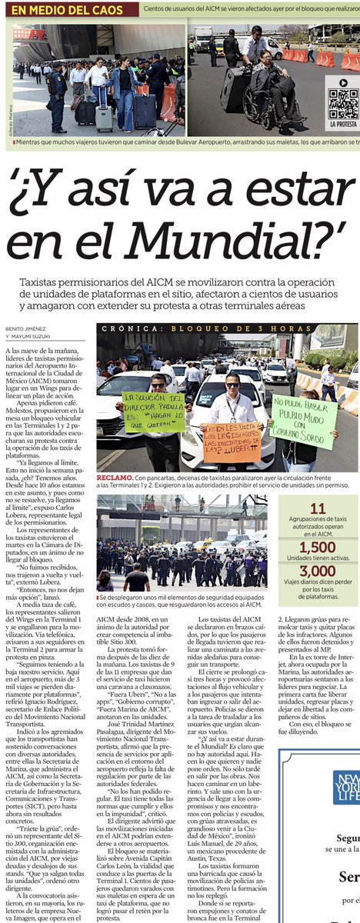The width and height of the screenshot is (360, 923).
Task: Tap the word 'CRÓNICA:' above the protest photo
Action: pyautogui.click(x=123, y=328)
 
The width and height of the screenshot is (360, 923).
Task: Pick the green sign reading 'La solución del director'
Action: pyautogui.click(x=154, y=412)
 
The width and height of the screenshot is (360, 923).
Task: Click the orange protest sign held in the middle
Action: pyautogui.click(x=232, y=442)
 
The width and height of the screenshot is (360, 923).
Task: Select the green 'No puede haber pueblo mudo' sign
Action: pyautogui.click(x=303, y=420)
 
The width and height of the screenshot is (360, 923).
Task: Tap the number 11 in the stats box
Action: pyautogui.click(x=318, y=508)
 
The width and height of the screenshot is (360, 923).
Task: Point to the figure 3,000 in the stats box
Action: pyautogui.click(x=318, y=572)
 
